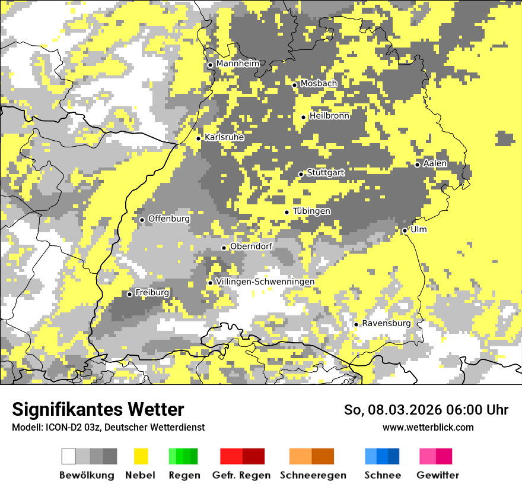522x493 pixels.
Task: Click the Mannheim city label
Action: point(238,64)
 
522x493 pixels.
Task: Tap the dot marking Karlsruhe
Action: point(199,138)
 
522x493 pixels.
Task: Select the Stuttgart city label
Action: point(326,173)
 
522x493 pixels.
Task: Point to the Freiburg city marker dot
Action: point(130,294)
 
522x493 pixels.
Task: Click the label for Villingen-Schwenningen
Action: point(265,282)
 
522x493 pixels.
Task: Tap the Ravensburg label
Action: point(386,323)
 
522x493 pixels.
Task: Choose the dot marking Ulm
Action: point(405,230)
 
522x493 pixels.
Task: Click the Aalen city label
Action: point(435,163)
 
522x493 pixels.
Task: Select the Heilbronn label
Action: point(329,116)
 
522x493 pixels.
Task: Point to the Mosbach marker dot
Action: point(294,85)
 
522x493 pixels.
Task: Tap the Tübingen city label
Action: point(311,211)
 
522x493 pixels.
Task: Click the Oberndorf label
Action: point(251,246)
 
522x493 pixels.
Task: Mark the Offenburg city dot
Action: point(142,220)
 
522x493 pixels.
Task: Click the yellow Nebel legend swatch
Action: point(141,456)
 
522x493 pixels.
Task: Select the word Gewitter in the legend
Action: point(438,475)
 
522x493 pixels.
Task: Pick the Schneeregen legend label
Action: point(313,475)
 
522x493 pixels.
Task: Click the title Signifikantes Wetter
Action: point(98,409)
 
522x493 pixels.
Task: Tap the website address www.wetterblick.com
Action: point(428,427)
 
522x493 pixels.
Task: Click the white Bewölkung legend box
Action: point(69,456)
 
